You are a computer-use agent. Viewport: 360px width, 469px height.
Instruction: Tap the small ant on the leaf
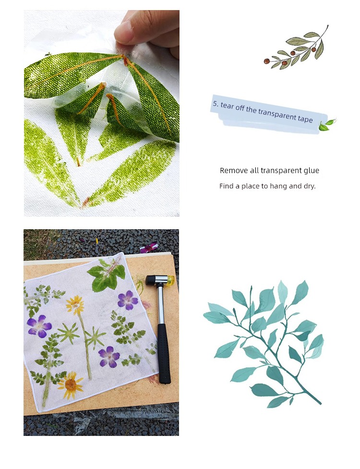pyautogui.click(x=48, y=55)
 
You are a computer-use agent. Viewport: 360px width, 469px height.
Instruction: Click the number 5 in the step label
pyautogui.click(x=216, y=104)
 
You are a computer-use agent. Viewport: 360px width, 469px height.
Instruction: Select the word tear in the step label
pyautogui.click(x=228, y=106)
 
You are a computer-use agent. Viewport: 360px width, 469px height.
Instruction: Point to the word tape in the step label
pyautogui.click(x=305, y=119)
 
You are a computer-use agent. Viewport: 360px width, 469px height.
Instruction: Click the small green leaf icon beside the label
pyautogui.click(x=327, y=124)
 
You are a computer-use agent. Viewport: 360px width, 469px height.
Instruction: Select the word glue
pyautogui.click(x=312, y=171)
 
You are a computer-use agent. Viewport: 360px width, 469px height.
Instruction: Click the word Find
pyautogui.click(x=226, y=186)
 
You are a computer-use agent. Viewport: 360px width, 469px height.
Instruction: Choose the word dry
pyautogui.click(x=310, y=187)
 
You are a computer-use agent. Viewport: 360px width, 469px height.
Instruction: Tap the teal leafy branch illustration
pyautogui.click(x=264, y=344)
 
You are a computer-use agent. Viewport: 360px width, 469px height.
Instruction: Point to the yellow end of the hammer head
pyautogui.click(x=171, y=281)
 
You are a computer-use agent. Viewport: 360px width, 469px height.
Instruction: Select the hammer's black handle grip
pyautogui.click(x=164, y=354)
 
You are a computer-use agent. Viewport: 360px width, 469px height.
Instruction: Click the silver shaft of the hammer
pyautogui.click(x=161, y=304)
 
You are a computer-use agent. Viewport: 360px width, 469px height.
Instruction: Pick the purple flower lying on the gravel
pyautogui.click(x=148, y=247)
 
